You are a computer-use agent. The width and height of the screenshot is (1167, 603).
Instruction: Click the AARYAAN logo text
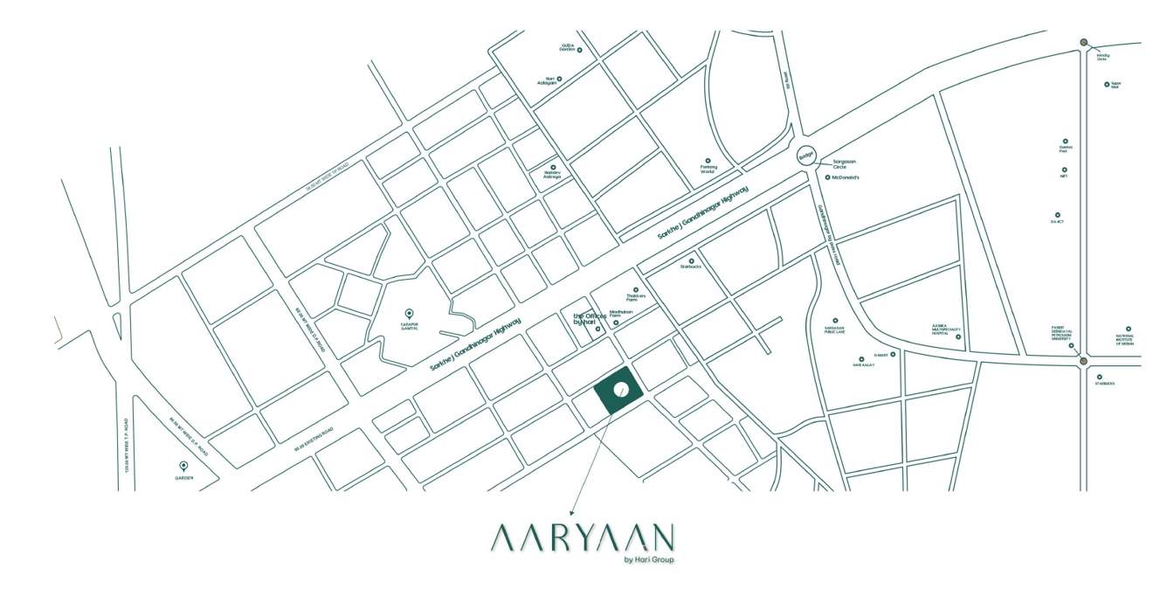(582, 537)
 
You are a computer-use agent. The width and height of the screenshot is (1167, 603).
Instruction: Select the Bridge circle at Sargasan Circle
(805, 156)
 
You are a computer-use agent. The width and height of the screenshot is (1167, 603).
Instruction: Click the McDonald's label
(847, 177)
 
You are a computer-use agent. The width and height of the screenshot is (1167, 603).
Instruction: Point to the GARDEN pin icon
(183, 466)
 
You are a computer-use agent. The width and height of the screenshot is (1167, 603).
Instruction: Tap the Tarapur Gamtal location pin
(409, 313)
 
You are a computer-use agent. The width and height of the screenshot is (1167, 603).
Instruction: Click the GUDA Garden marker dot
(579, 51)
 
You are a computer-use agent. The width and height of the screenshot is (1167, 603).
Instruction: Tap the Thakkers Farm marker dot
(636, 289)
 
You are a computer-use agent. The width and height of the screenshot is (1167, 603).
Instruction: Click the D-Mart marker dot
(893, 355)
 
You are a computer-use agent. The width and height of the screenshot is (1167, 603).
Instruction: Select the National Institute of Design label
(1128, 340)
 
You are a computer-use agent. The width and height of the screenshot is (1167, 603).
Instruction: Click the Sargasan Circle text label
(841, 163)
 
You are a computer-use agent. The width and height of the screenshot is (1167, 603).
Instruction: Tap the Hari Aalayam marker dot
(559, 79)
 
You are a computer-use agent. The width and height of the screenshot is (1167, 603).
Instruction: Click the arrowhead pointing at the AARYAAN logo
(570, 513)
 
